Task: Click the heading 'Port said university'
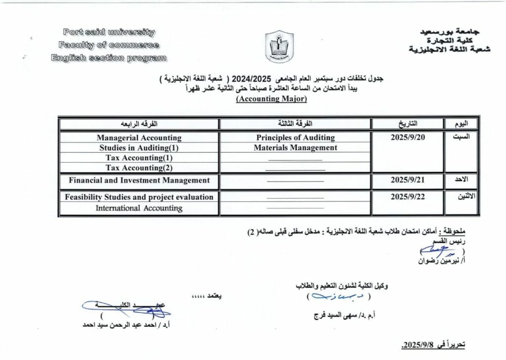[x=109, y=33]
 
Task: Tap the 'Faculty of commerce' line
[x=108, y=45]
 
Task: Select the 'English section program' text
[x=109, y=58]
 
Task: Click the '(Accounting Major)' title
[x=272, y=99]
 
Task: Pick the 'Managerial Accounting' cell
[x=139, y=138]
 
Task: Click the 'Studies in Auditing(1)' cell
[x=139, y=147]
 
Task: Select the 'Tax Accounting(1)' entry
[x=139, y=157]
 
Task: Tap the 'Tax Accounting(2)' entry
[x=139, y=167]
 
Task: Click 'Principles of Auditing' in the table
[x=295, y=137]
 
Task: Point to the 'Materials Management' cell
[x=295, y=147]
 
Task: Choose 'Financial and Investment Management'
[x=139, y=180]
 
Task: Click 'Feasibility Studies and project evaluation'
[x=139, y=197]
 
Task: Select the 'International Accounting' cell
[x=139, y=208]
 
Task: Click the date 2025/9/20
[x=408, y=137]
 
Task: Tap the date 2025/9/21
[x=408, y=180]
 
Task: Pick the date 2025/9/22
[x=408, y=196]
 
